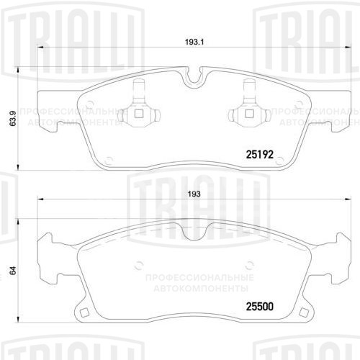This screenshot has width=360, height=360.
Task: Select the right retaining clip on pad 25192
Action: (249, 110)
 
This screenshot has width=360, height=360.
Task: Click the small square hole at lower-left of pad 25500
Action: (84, 312)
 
